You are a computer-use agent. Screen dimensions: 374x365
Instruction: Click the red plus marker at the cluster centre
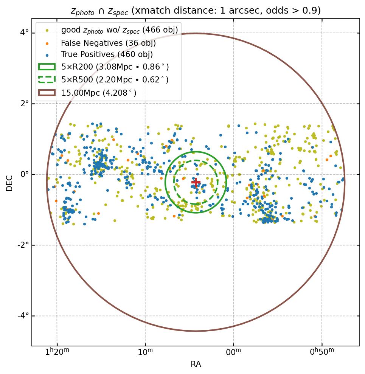[196, 182]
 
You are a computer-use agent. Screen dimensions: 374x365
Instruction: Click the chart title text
[196, 11]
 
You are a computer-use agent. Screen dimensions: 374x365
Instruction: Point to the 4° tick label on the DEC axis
[25, 33]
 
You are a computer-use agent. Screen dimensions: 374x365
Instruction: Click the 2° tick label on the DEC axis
[25, 104]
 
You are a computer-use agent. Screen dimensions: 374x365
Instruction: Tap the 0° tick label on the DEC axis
[25, 174]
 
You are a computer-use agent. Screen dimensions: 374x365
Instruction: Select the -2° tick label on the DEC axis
[23, 245]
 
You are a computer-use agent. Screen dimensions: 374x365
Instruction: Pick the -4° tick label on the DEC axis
[23, 316]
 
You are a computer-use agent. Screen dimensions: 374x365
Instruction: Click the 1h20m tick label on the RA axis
[57, 352]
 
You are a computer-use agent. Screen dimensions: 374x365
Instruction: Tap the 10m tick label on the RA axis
[145, 352]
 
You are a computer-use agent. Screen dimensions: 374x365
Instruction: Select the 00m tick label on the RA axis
[233, 352]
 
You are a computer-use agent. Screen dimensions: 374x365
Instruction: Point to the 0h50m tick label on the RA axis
[322, 352]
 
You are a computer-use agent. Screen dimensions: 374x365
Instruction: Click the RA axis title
[196, 364]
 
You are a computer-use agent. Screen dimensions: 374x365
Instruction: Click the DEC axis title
[9, 183]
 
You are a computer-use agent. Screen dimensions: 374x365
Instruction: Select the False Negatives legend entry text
[108, 43]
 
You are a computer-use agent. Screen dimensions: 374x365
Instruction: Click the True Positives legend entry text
[107, 55]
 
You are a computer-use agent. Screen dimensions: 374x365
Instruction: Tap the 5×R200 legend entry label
[115, 67]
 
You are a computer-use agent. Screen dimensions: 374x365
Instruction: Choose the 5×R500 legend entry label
[115, 80]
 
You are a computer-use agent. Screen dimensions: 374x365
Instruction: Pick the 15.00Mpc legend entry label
[99, 93]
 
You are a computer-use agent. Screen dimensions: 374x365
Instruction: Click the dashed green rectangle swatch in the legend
[47, 79]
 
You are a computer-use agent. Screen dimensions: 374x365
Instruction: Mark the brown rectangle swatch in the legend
[47, 92]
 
